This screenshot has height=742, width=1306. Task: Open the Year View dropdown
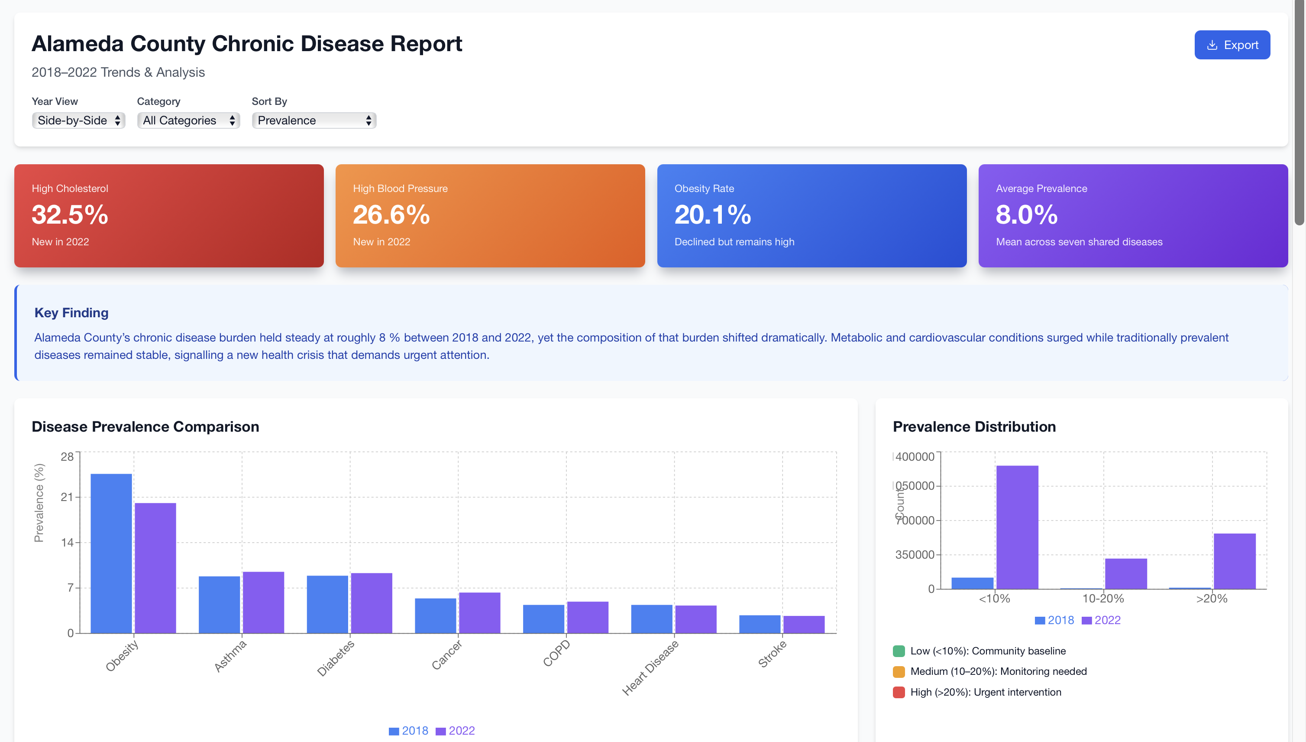point(78,120)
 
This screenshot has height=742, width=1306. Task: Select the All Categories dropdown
point(188,120)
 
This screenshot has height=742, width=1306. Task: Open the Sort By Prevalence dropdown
point(314,120)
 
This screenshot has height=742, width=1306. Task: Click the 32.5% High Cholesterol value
point(70,215)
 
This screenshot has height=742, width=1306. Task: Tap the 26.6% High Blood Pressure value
point(391,215)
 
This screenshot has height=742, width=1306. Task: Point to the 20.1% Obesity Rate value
point(712,215)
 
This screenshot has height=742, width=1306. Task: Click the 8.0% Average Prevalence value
point(1026,215)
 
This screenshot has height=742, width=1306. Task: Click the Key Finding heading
point(71,312)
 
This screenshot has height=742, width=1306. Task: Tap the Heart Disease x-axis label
point(650,667)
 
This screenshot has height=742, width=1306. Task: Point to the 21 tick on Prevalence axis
point(67,497)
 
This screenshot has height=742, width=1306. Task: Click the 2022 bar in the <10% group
point(1017,527)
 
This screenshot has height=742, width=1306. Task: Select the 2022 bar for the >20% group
point(1234,561)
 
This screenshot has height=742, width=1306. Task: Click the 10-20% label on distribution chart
point(1103,598)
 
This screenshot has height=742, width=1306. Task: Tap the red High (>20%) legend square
point(899,692)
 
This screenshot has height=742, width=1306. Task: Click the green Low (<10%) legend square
point(899,651)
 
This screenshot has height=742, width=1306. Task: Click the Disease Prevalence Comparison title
point(145,426)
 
